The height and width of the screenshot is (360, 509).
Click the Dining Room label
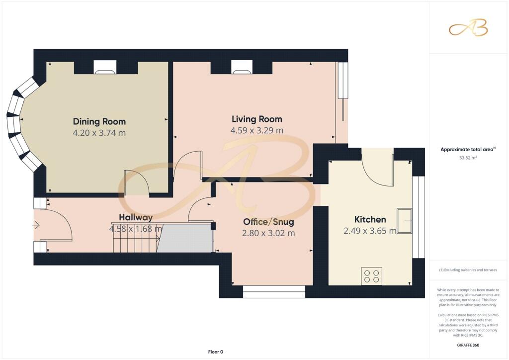tap(99, 122)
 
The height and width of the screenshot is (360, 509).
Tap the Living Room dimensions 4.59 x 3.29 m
tap(257, 130)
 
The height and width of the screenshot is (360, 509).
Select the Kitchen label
tap(370, 219)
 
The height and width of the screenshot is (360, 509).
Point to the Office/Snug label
tap(268, 222)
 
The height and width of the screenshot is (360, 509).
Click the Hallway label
tap(136, 217)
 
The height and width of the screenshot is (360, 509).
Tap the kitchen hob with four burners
tap(372, 276)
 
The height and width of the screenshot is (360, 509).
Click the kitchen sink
tap(405, 221)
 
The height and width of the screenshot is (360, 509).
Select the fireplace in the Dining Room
tap(105, 67)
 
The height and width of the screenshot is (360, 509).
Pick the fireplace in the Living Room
tap(242, 67)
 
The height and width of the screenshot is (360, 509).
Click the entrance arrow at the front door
tap(36, 225)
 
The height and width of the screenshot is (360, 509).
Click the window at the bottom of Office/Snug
tap(274, 291)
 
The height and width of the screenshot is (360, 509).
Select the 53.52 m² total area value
tap(468, 158)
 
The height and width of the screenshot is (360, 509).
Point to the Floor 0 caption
tap(216, 352)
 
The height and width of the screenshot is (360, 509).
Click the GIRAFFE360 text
tap(468, 345)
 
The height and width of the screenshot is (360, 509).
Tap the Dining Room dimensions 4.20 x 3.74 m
tap(99, 133)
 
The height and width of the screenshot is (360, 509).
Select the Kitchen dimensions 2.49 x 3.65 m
tap(370, 231)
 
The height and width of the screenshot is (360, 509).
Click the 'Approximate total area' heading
tap(468, 150)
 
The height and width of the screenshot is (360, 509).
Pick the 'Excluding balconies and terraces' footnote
tap(468, 270)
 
